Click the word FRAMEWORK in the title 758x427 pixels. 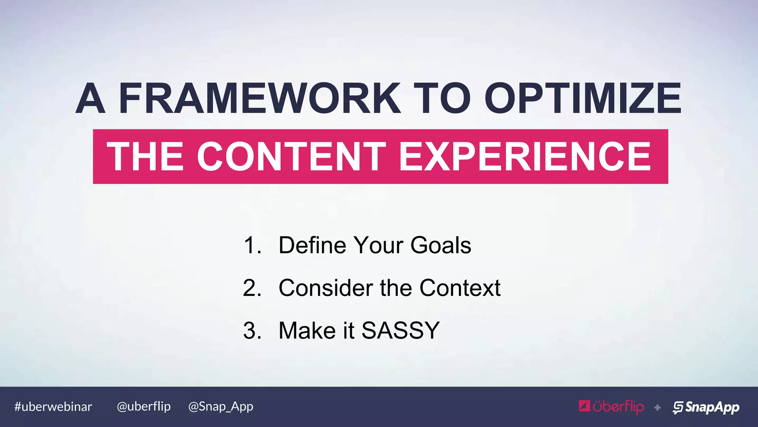click(259, 98)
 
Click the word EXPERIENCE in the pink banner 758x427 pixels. click(524, 157)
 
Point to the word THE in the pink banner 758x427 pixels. click(145, 157)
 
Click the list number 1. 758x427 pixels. click(252, 245)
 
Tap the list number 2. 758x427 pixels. click(252, 288)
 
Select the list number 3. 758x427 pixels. click(252, 331)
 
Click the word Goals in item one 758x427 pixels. click(440, 245)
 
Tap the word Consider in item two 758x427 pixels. click(326, 288)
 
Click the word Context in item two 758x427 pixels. click(460, 288)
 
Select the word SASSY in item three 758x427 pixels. click(400, 331)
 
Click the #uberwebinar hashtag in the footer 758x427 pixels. click(53, 407)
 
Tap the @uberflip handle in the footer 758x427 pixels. click(144, 407)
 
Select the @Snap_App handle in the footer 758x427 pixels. click(221, 407)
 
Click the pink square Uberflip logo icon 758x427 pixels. click(584, 406)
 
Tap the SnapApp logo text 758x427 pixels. click(712, 407)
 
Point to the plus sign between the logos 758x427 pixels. click(657, 408)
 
